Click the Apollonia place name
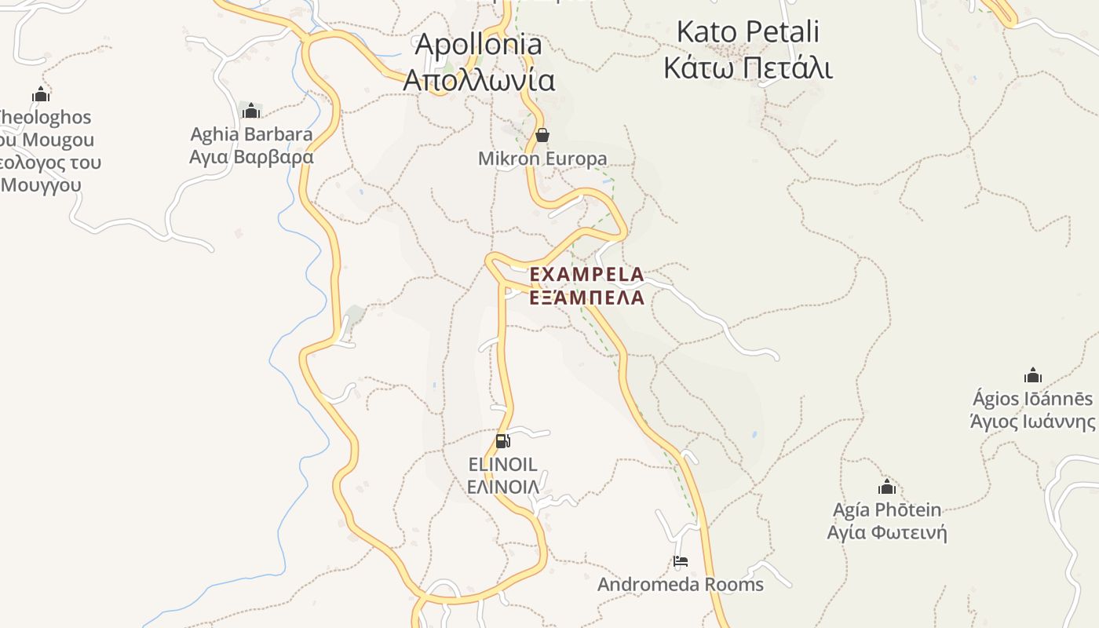pyautogui.click(x=478, y=45)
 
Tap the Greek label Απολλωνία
pyautogui.click(x=478, y=80)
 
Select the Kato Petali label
pyautogui.click(x=747, y=32)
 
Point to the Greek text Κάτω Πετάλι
pyautogui.click(x=747, y=68)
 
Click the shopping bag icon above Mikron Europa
pyautogui.click(x=542, y=136)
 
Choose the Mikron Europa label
pyautogui.click(x=542, y=159)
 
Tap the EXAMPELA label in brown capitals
pyautogui.click(x=587, y=275)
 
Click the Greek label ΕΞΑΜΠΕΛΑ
pyautogui.click(x=587, y=298)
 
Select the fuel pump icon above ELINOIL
pyautogui.click(x=502, y=441)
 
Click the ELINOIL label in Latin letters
pyautogui.click(x=502, y=464)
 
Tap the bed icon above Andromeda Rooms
pyautogui.click(x=681, y=562)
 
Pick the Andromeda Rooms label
pyautogui.click(x=681, y=585)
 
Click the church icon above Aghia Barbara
pyautogui.click(x=251, y=111)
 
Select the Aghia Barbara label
pyautogui.click(x=251, y=134)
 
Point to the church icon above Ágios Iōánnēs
pyautogui.click(x=1033, y=375)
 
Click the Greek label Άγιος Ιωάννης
pyautogui.click(x=1033, y=422)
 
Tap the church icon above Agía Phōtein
pyautogui.click(x=887, y=487)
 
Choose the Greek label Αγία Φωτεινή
pyautogui.click(x=887, y=533)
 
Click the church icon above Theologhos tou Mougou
pyautogui.click(x=41, y=95)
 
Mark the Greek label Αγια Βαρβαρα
pyautogui.click(x=251, y=157)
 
